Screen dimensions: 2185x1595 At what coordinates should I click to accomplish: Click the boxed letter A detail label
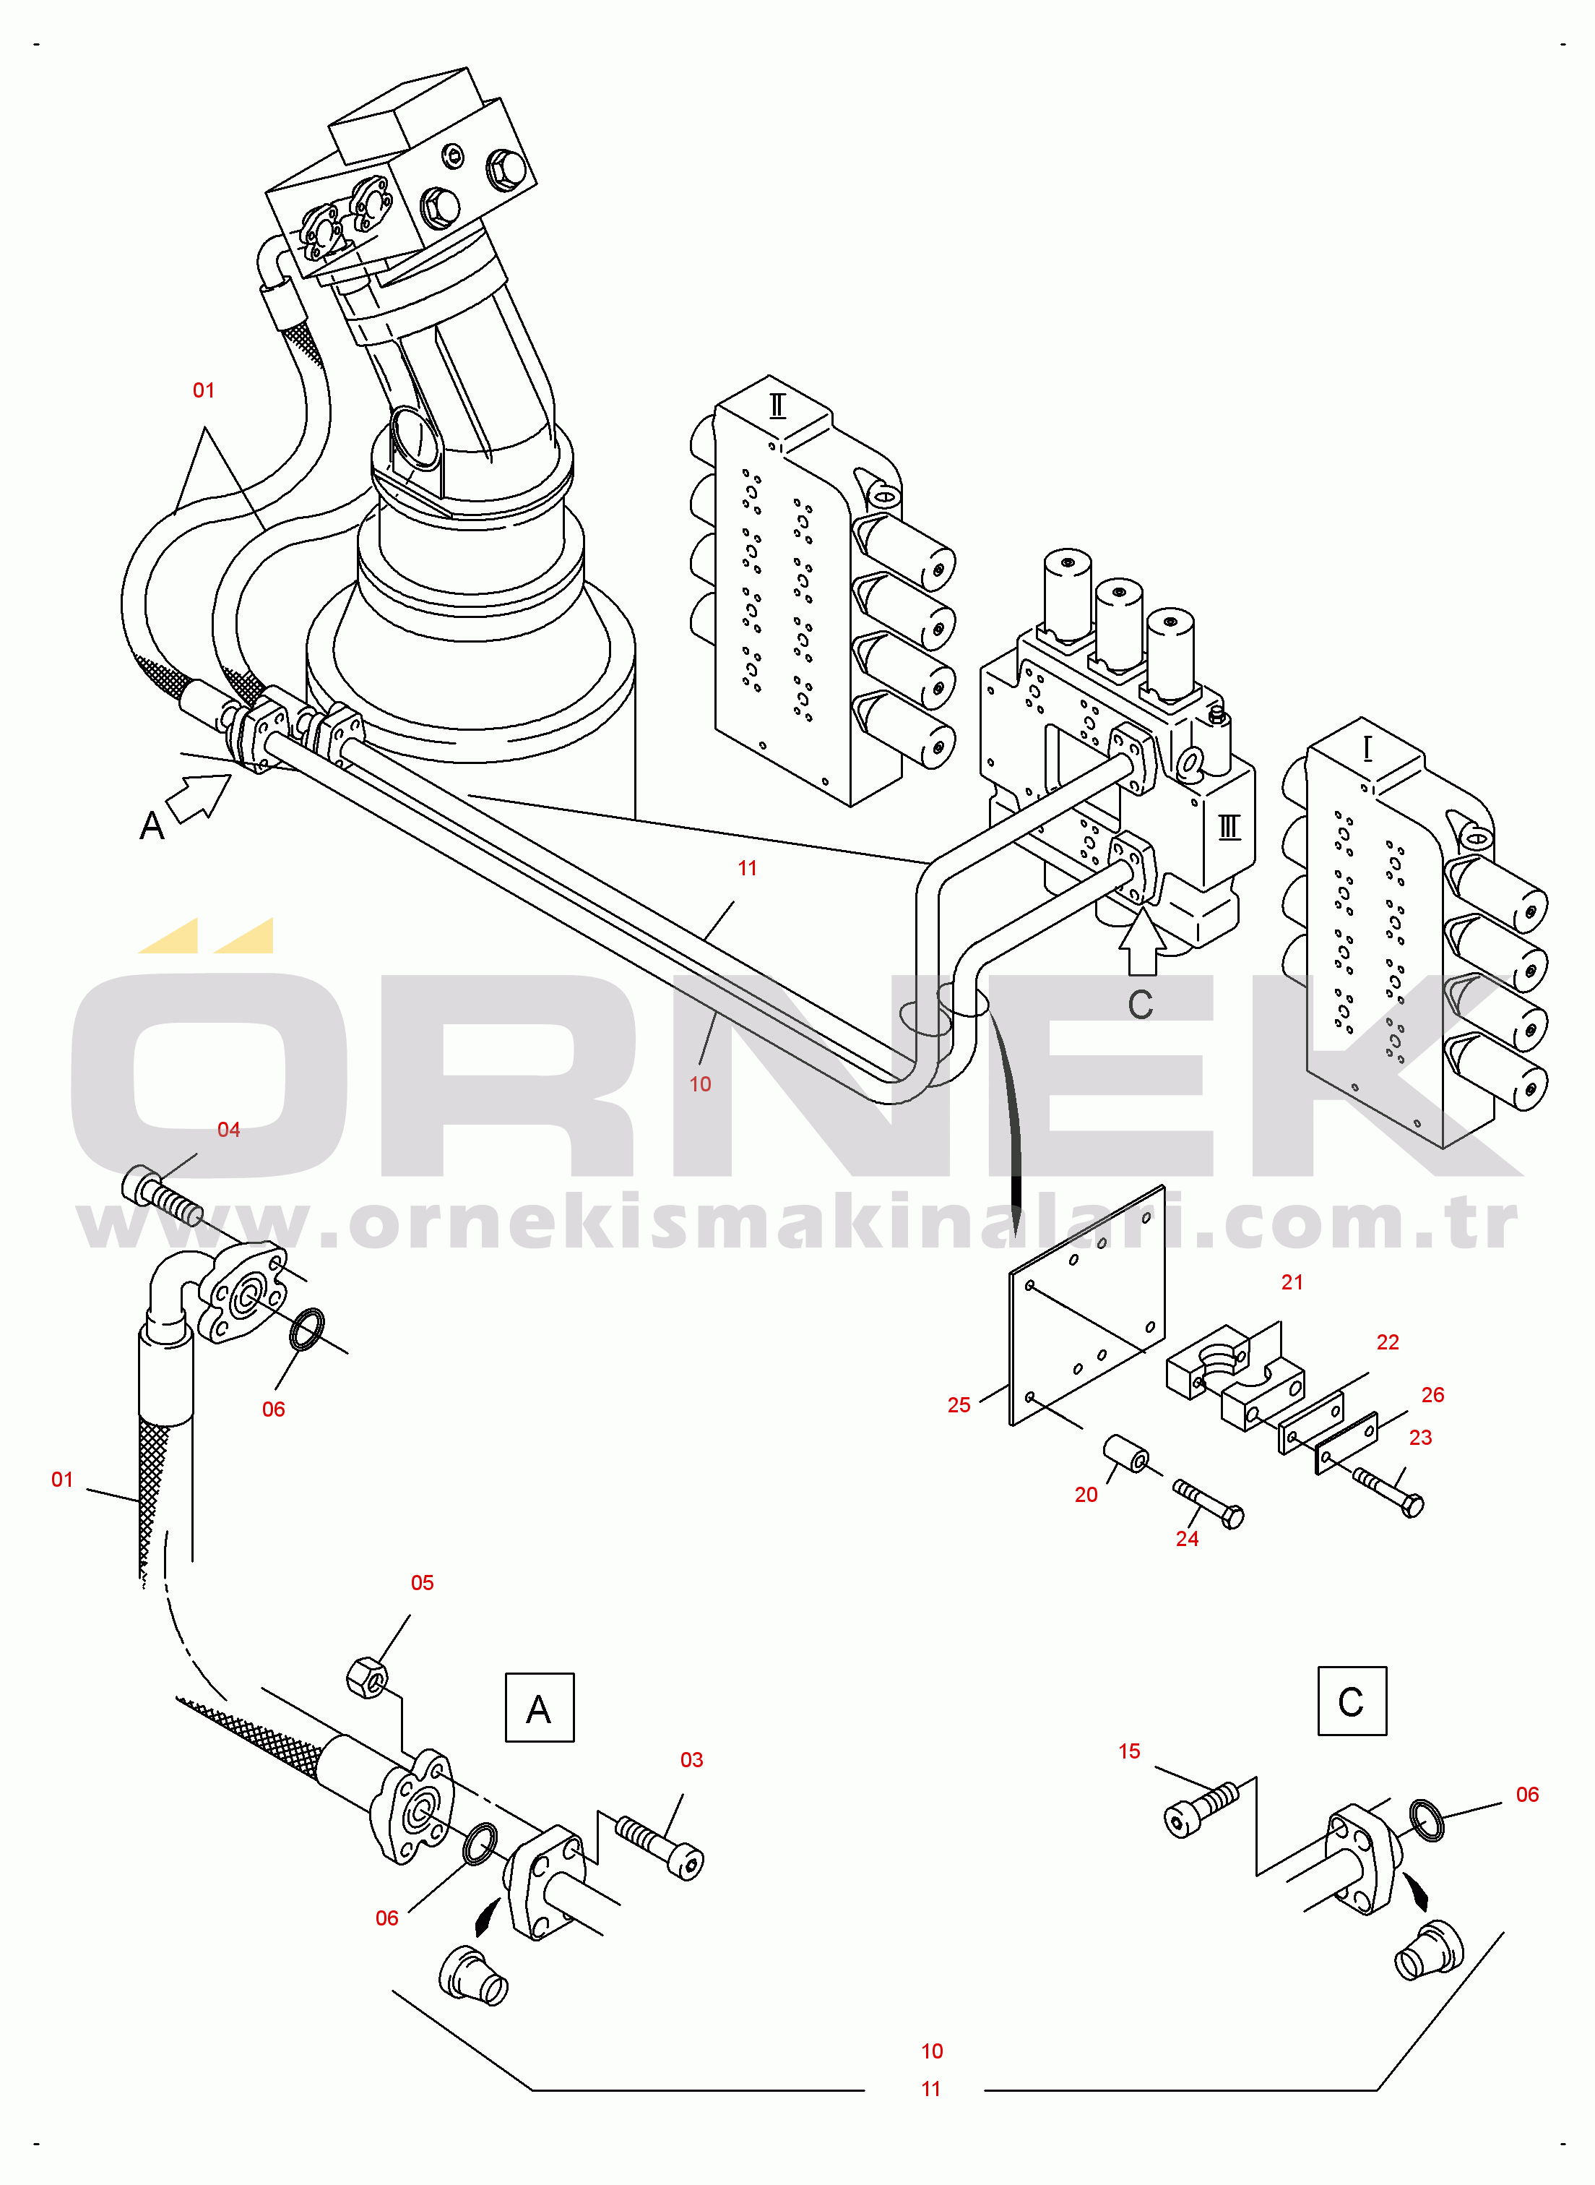point(539,1709)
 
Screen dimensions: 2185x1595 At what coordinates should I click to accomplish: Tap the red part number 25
point(958,1404)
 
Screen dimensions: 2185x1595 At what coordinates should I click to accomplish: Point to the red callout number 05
point(422,1582)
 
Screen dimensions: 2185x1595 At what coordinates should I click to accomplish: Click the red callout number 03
point(691,1759)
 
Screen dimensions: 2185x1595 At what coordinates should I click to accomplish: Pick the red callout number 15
point(1128,1751)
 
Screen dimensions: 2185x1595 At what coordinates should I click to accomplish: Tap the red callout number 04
point(228,1129)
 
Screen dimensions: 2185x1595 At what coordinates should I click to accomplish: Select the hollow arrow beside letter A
point(199,797)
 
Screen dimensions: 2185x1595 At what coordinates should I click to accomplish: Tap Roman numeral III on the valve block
point(1228,827)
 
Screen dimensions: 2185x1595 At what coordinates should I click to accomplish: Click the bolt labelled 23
point(1389,1490)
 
